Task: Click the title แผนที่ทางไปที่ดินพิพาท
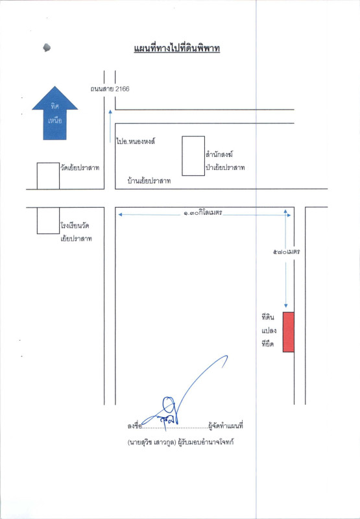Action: [177, 49]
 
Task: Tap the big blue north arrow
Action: [55, 113]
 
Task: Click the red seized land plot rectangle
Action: [289, 332]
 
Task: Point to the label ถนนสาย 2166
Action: [110, 89]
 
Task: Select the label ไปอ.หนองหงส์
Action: [136, 141]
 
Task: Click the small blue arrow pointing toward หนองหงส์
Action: [110, 126]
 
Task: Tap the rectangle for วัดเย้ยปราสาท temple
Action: [48, 176]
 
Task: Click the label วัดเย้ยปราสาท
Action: [80, 168]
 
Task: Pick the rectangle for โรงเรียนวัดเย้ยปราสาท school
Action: [48, 221]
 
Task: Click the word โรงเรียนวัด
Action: [75, 226]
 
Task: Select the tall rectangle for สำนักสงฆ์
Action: [193, 156]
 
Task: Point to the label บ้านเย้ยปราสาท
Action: [149, 181]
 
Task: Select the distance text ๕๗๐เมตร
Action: [286, 252]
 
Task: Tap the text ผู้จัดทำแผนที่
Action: [226, 426]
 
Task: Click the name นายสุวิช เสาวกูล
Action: [152, 442]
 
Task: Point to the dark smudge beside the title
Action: [47, 47]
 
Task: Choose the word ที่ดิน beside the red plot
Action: [268, 318]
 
